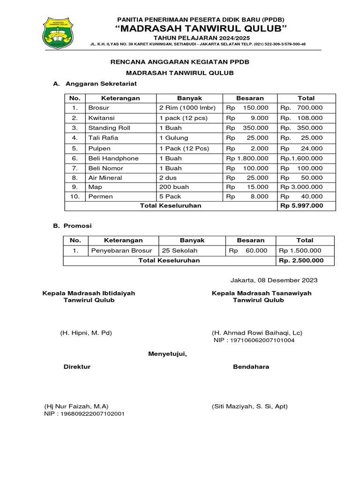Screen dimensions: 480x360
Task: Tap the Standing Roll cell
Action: [x=109, y=128]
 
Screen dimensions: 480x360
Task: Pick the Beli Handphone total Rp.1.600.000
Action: [x=301, y=158]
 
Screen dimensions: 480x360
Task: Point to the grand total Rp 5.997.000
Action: [x=301, y=206]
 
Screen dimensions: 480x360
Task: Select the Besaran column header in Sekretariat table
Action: [x=250, y=98]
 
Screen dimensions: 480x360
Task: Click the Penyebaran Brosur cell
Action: [x=121, y=251]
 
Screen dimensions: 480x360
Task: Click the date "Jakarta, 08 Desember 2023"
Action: [x=274, y=280]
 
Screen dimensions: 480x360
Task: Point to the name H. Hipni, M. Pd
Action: [x=86, y=333]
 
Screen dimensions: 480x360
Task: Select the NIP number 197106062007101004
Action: [x=254, y=340]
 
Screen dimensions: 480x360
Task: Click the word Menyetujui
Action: [x=167, y=353]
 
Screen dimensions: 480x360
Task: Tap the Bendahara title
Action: [x=251, y=367]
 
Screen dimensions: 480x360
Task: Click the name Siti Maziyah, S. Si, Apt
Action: [x=249, y=406]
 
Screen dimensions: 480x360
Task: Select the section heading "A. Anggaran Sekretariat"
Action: [x=95, y=84]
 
